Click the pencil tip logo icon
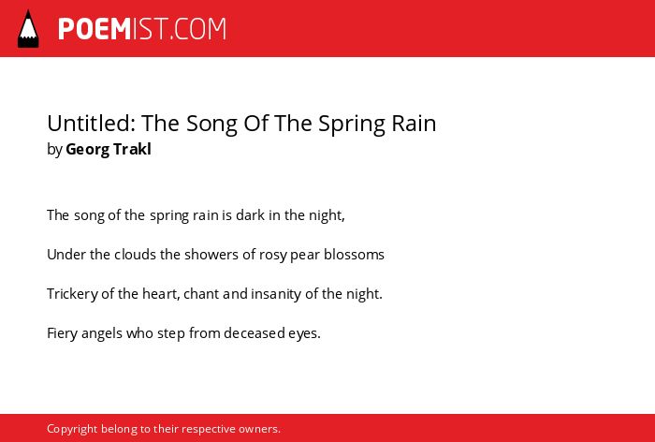point(28,29)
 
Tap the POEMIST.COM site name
point(142,29)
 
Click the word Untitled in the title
point(91,123)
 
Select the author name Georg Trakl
point(109,149)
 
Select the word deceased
point(255,333)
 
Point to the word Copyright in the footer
point(72,429)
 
